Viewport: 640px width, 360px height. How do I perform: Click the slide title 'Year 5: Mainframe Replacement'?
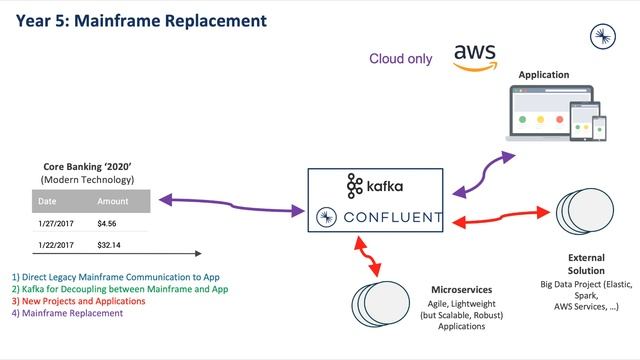coord(141,19)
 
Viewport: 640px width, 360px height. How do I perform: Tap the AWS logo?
coord(475,56)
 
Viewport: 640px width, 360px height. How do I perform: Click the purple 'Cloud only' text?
coord(400,59)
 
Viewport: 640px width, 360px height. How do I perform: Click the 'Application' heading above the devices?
coord(543,75)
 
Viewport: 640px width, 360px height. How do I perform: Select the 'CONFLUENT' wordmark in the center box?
coord(391,217)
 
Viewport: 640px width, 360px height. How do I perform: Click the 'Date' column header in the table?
coord(48,201)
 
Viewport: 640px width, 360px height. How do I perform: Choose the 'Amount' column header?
coord(113,201)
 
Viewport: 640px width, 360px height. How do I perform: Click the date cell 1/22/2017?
coord(56,244)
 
